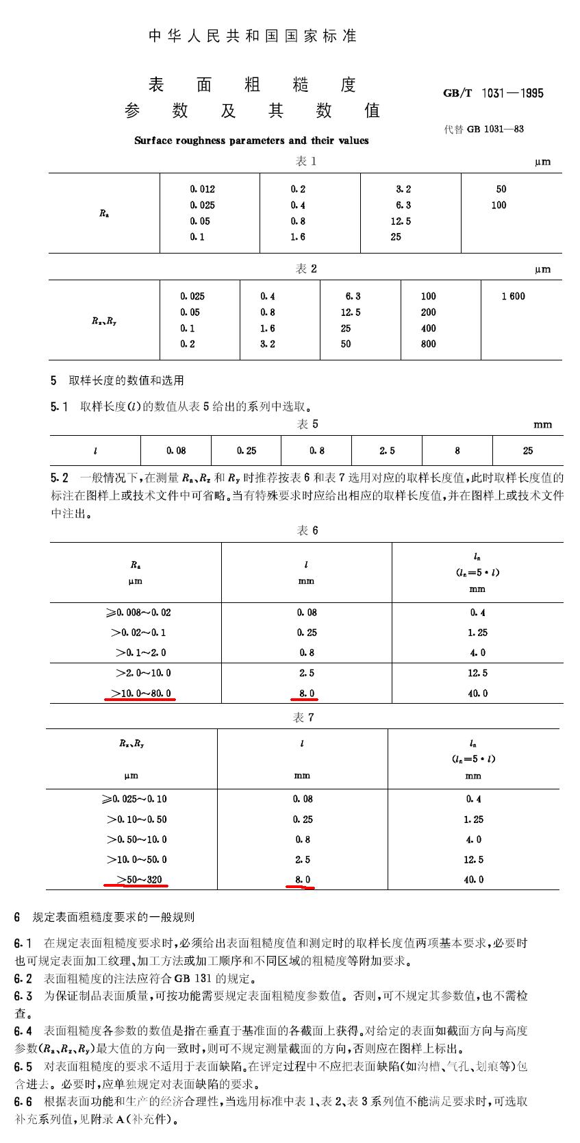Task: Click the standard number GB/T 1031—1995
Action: [x=493, y=93]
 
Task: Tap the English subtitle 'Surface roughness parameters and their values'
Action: [x=251, y=140]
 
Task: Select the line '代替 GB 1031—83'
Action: [x=484, y=129]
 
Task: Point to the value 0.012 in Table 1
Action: [x=203, y=189]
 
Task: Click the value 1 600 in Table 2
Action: [x=513, y=296]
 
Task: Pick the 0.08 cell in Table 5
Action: [x=176, y=451]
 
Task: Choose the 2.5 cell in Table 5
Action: [x=387, y=451]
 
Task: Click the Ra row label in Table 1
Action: [x=103, y=213]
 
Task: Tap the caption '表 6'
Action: [x=307, y=530]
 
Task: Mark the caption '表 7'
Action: [x=303, y=717]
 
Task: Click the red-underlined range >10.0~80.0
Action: [x=140, y=693]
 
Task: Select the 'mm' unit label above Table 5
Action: [x=542, y=425]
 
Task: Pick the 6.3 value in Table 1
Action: [x=403, y=205]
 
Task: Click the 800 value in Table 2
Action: [x=429, y=344]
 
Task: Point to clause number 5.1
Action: [x=60, y=407]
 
